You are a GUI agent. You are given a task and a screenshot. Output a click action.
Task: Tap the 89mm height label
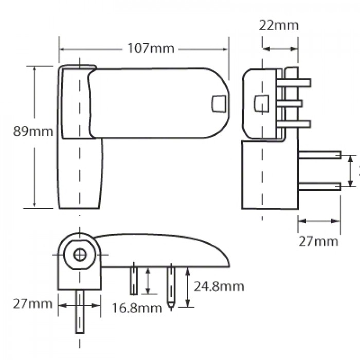tap(33, 131)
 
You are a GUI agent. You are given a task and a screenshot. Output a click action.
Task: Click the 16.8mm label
tap(137, 308)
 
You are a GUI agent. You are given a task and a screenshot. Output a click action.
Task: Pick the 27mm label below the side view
tap(319, 241)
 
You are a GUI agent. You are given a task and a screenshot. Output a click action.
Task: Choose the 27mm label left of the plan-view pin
tap(33, 303)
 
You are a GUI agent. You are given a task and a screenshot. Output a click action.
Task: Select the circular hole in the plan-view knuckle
tap(80, 254)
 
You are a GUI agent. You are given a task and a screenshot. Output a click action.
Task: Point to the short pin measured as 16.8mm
tap(134, 279)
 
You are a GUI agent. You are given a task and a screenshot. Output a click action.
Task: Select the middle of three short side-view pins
tap(291, 103)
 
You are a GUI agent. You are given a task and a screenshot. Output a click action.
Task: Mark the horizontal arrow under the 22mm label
tap(280, 49)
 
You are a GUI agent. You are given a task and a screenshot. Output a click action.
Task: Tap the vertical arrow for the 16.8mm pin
tap(148, 281)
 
